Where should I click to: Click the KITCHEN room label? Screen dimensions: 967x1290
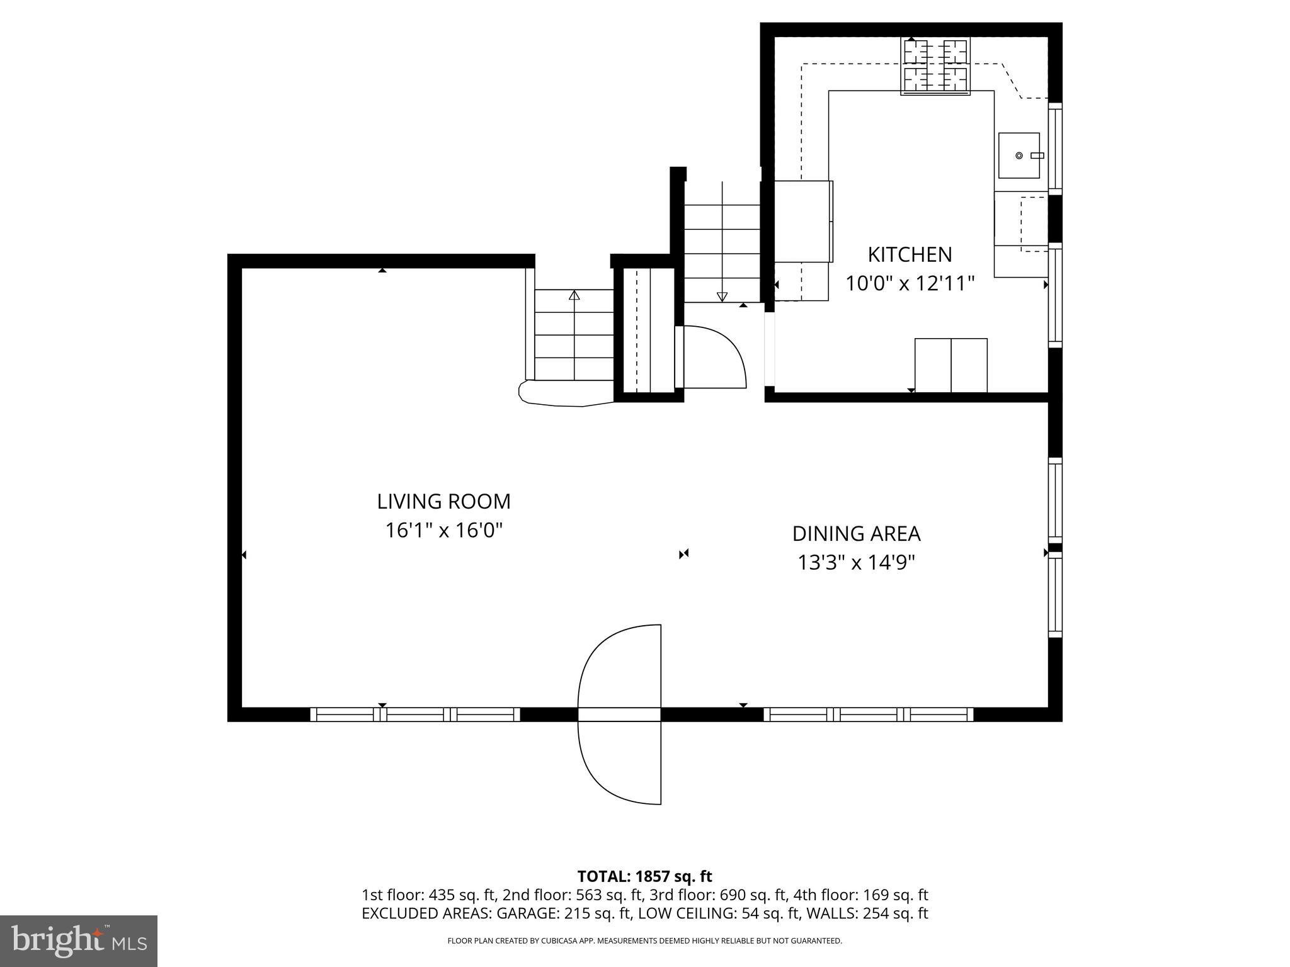pos(910,255)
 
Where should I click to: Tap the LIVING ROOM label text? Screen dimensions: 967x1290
pos(443,502)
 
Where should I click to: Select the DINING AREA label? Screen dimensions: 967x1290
pos(856,534)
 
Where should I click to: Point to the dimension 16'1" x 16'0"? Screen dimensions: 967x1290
pos(443,531)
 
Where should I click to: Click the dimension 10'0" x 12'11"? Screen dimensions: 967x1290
pos(910,284)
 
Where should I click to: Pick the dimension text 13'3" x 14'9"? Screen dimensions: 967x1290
pos(856,562)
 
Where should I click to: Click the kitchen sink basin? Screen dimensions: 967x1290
pos(1019,155)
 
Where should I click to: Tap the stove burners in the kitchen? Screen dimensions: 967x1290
pos(935,66)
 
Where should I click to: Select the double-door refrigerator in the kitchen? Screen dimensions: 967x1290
pos(950,365)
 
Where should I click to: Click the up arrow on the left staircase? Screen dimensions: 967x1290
pos(574,295)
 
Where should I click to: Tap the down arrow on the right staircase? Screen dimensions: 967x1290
pos(722,297)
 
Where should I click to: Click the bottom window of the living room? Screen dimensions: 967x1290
pos(414,714)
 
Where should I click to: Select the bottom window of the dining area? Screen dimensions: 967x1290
pos(868,714)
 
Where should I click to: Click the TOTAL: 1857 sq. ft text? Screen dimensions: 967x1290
pos(644,876)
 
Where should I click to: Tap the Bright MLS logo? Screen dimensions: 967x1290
pos(79,941)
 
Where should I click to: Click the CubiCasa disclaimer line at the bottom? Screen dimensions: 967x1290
pos(644,941)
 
